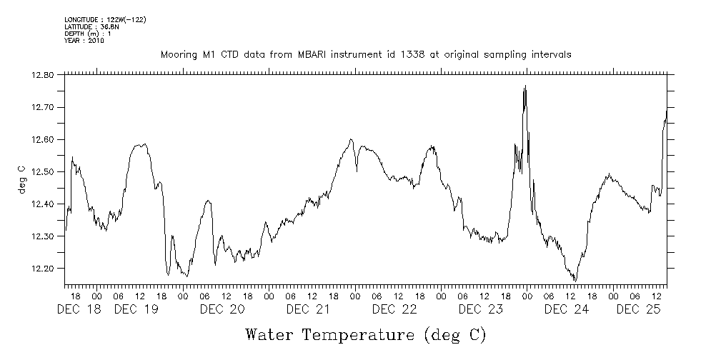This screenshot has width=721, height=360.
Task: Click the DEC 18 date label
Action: click(79, 309)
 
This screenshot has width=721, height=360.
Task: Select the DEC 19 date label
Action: click(136, 309)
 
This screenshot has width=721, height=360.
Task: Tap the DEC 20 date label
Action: click(222, 309)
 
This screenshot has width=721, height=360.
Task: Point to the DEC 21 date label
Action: click(308, 309)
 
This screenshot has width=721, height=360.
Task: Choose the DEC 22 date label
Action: click(394, 309)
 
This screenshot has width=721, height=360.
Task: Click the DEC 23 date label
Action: click(480, 309)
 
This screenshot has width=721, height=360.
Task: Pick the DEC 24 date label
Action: click(567, 309)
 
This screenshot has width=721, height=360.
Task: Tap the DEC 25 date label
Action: click(638, 309)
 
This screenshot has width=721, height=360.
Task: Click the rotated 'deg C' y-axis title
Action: click(21, 179)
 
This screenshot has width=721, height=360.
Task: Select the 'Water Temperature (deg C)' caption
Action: click(366, 334)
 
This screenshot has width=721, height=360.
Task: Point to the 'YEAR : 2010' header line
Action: click(84, 41)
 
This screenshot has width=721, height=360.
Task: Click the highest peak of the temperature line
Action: click(525, 86)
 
